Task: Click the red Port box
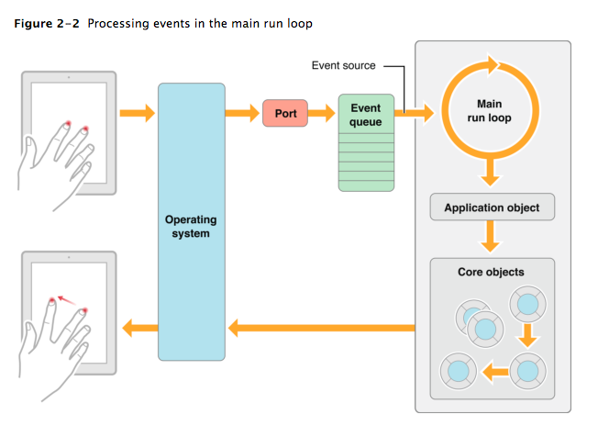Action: (284, 113)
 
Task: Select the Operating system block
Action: (191, 220)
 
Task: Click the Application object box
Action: (492, 207)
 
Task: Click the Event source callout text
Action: (344, 66)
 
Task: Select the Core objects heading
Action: (492, 273)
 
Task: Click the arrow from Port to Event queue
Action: (322, 113)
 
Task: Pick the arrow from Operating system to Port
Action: (243, 113)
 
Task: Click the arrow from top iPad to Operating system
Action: (138, 113)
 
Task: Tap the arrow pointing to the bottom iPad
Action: (139, 326)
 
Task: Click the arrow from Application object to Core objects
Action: (492, 239)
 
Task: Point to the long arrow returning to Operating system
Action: (321, 326)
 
